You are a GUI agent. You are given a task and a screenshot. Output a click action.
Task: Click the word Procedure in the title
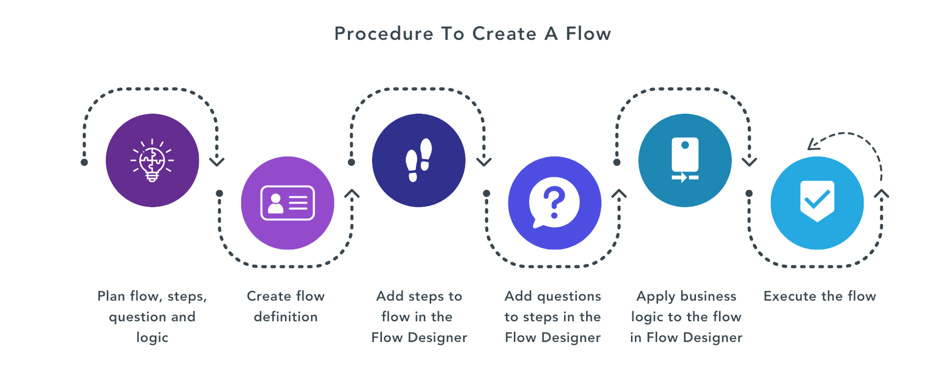tap(384, 34)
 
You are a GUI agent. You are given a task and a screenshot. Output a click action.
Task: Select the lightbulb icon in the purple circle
tap(152, 160)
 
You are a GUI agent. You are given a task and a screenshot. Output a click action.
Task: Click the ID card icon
tap(287, 203)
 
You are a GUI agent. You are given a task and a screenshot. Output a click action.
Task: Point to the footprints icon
tap(419, 160)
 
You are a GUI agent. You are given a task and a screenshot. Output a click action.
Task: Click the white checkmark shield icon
tap(817, 201)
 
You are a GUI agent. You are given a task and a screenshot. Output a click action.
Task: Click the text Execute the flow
tap(820, 297)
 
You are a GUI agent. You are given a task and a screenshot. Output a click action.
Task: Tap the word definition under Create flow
tap(286, 317)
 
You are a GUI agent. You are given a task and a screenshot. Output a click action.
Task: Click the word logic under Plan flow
tap(152, 338)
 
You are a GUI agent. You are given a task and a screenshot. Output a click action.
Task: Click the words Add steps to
tap(419, 297)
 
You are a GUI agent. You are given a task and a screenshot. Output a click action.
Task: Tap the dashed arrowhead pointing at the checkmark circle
tap(813, 144)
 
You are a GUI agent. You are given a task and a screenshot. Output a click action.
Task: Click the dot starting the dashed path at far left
tap(84, 162)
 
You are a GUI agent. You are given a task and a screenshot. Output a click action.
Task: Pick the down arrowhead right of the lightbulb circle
tap(217, 161)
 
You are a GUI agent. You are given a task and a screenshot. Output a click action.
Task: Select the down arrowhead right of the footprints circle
tap(484, 161)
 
